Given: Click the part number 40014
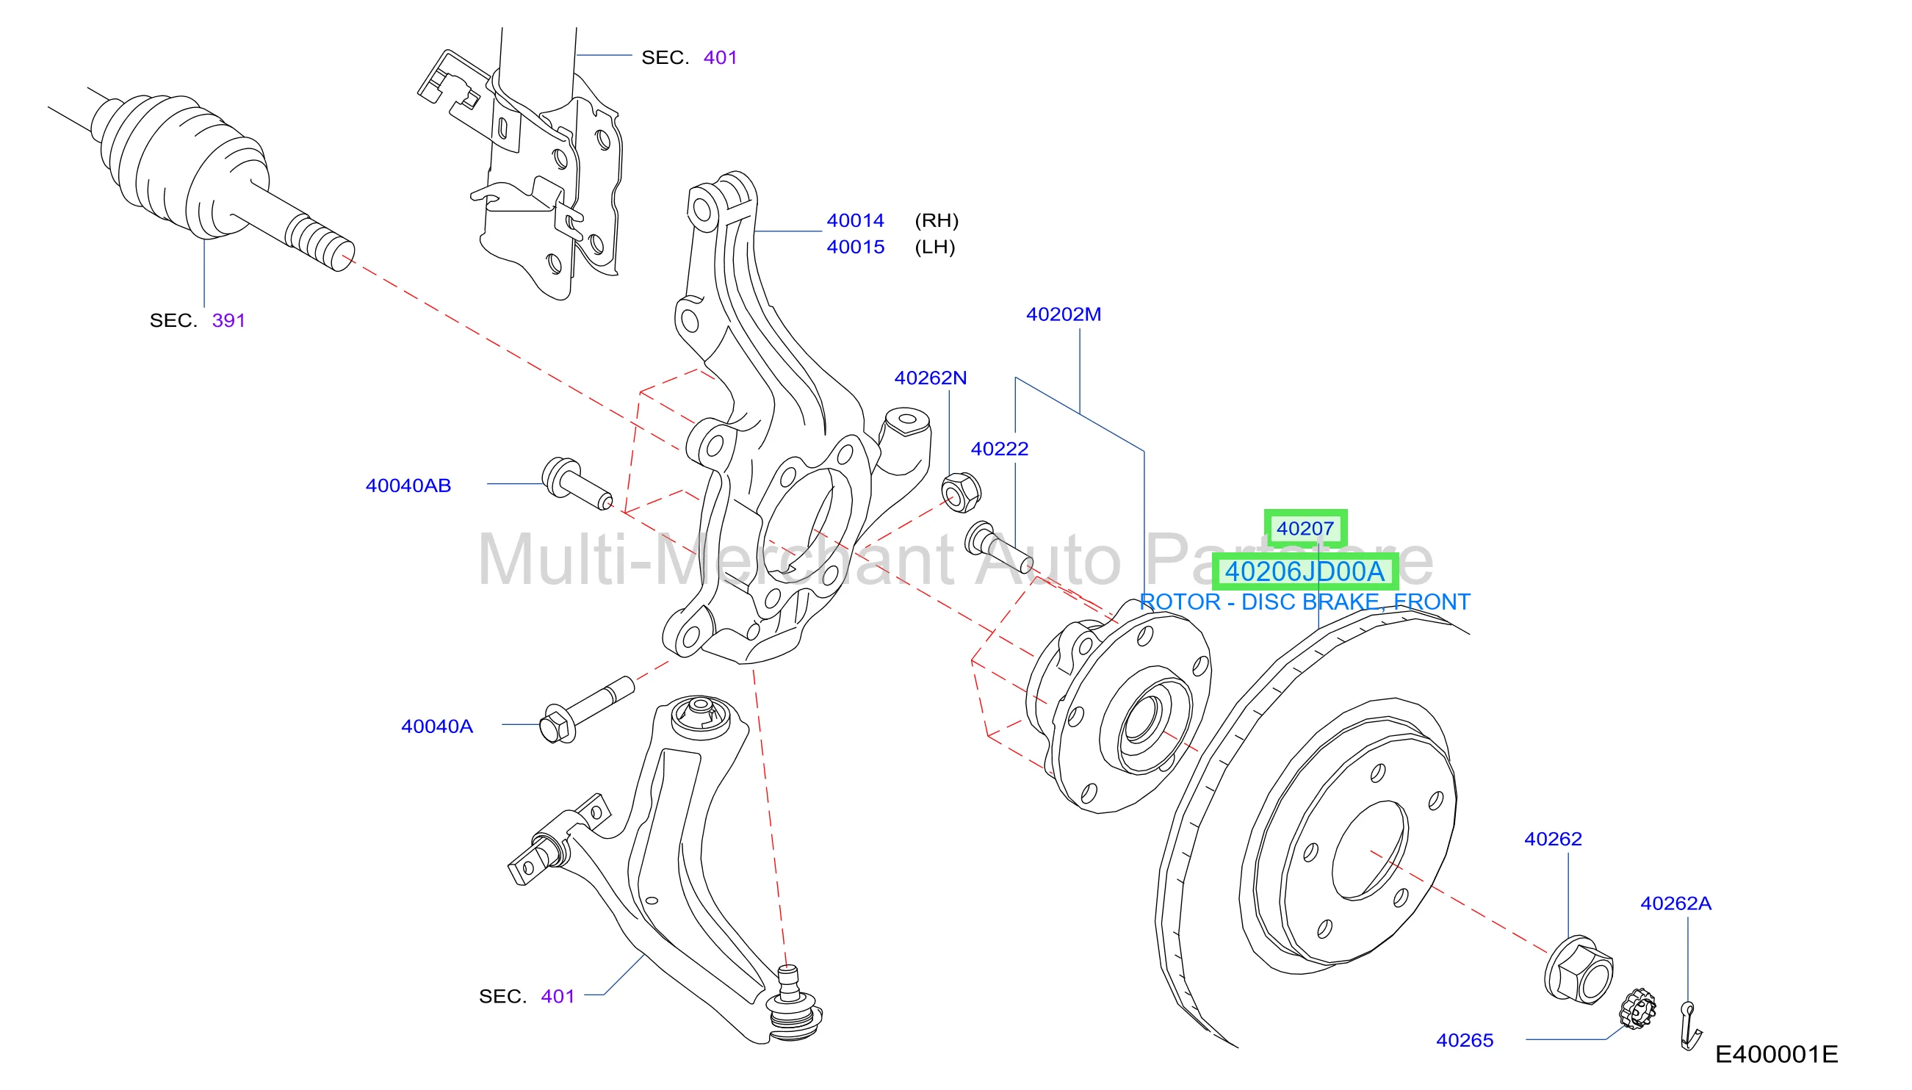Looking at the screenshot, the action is (x=855, y=221).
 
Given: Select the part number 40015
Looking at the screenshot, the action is (x=855, y=247).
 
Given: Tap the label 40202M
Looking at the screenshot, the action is (x=1063, y=314).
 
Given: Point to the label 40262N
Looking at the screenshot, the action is (x=931, y=378).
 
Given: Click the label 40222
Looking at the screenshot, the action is (x=1000, y=450).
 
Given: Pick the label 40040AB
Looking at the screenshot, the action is (x=408, y=486).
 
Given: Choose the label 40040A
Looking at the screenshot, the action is (x=436, y=726).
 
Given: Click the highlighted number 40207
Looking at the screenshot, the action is (x=1305, y=529).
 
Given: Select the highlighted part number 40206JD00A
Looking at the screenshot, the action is (x=1304, y=571).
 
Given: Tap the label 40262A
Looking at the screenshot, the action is (x=1675, y=903).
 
